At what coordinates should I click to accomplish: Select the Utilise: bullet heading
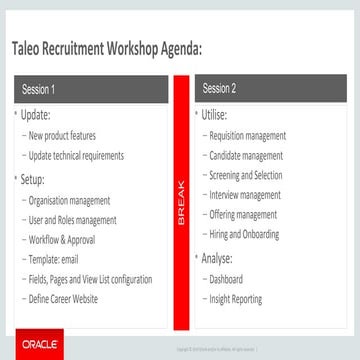(214, 117)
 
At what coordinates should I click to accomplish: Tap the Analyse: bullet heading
(217, 259)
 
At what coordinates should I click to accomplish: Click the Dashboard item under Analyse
(225, 280)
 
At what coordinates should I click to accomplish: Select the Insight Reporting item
(236, 299)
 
